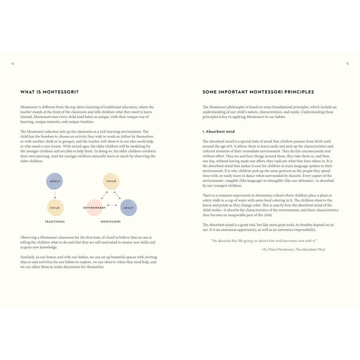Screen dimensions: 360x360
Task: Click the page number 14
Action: [12, 64]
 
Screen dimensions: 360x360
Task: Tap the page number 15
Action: [347, 64]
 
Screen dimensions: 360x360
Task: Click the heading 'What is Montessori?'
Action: [50, 92]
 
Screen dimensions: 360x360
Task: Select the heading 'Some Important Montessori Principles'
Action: [258, 92]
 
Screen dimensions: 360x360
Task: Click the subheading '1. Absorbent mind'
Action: [218, 131]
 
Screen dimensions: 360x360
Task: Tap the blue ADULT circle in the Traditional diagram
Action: [54, 181]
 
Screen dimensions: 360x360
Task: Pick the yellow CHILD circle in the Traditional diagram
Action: [55, 208]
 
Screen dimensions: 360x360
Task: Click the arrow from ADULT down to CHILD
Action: [55, 194]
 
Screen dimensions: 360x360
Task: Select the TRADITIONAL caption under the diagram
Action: [55, 222]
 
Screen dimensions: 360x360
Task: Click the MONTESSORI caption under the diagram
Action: [110, 222]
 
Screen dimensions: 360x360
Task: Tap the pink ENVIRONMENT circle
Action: [95, 208]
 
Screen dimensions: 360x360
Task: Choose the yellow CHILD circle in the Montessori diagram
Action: [111, 181]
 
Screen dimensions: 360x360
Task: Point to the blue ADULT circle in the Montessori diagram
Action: [128, 208]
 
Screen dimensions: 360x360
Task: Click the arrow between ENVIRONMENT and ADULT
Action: [112, 205]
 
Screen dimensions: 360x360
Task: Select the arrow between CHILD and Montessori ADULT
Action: [118, 195]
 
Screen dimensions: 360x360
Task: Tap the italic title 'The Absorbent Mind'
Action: [310, 250]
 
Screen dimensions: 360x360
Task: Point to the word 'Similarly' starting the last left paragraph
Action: [28, 257]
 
